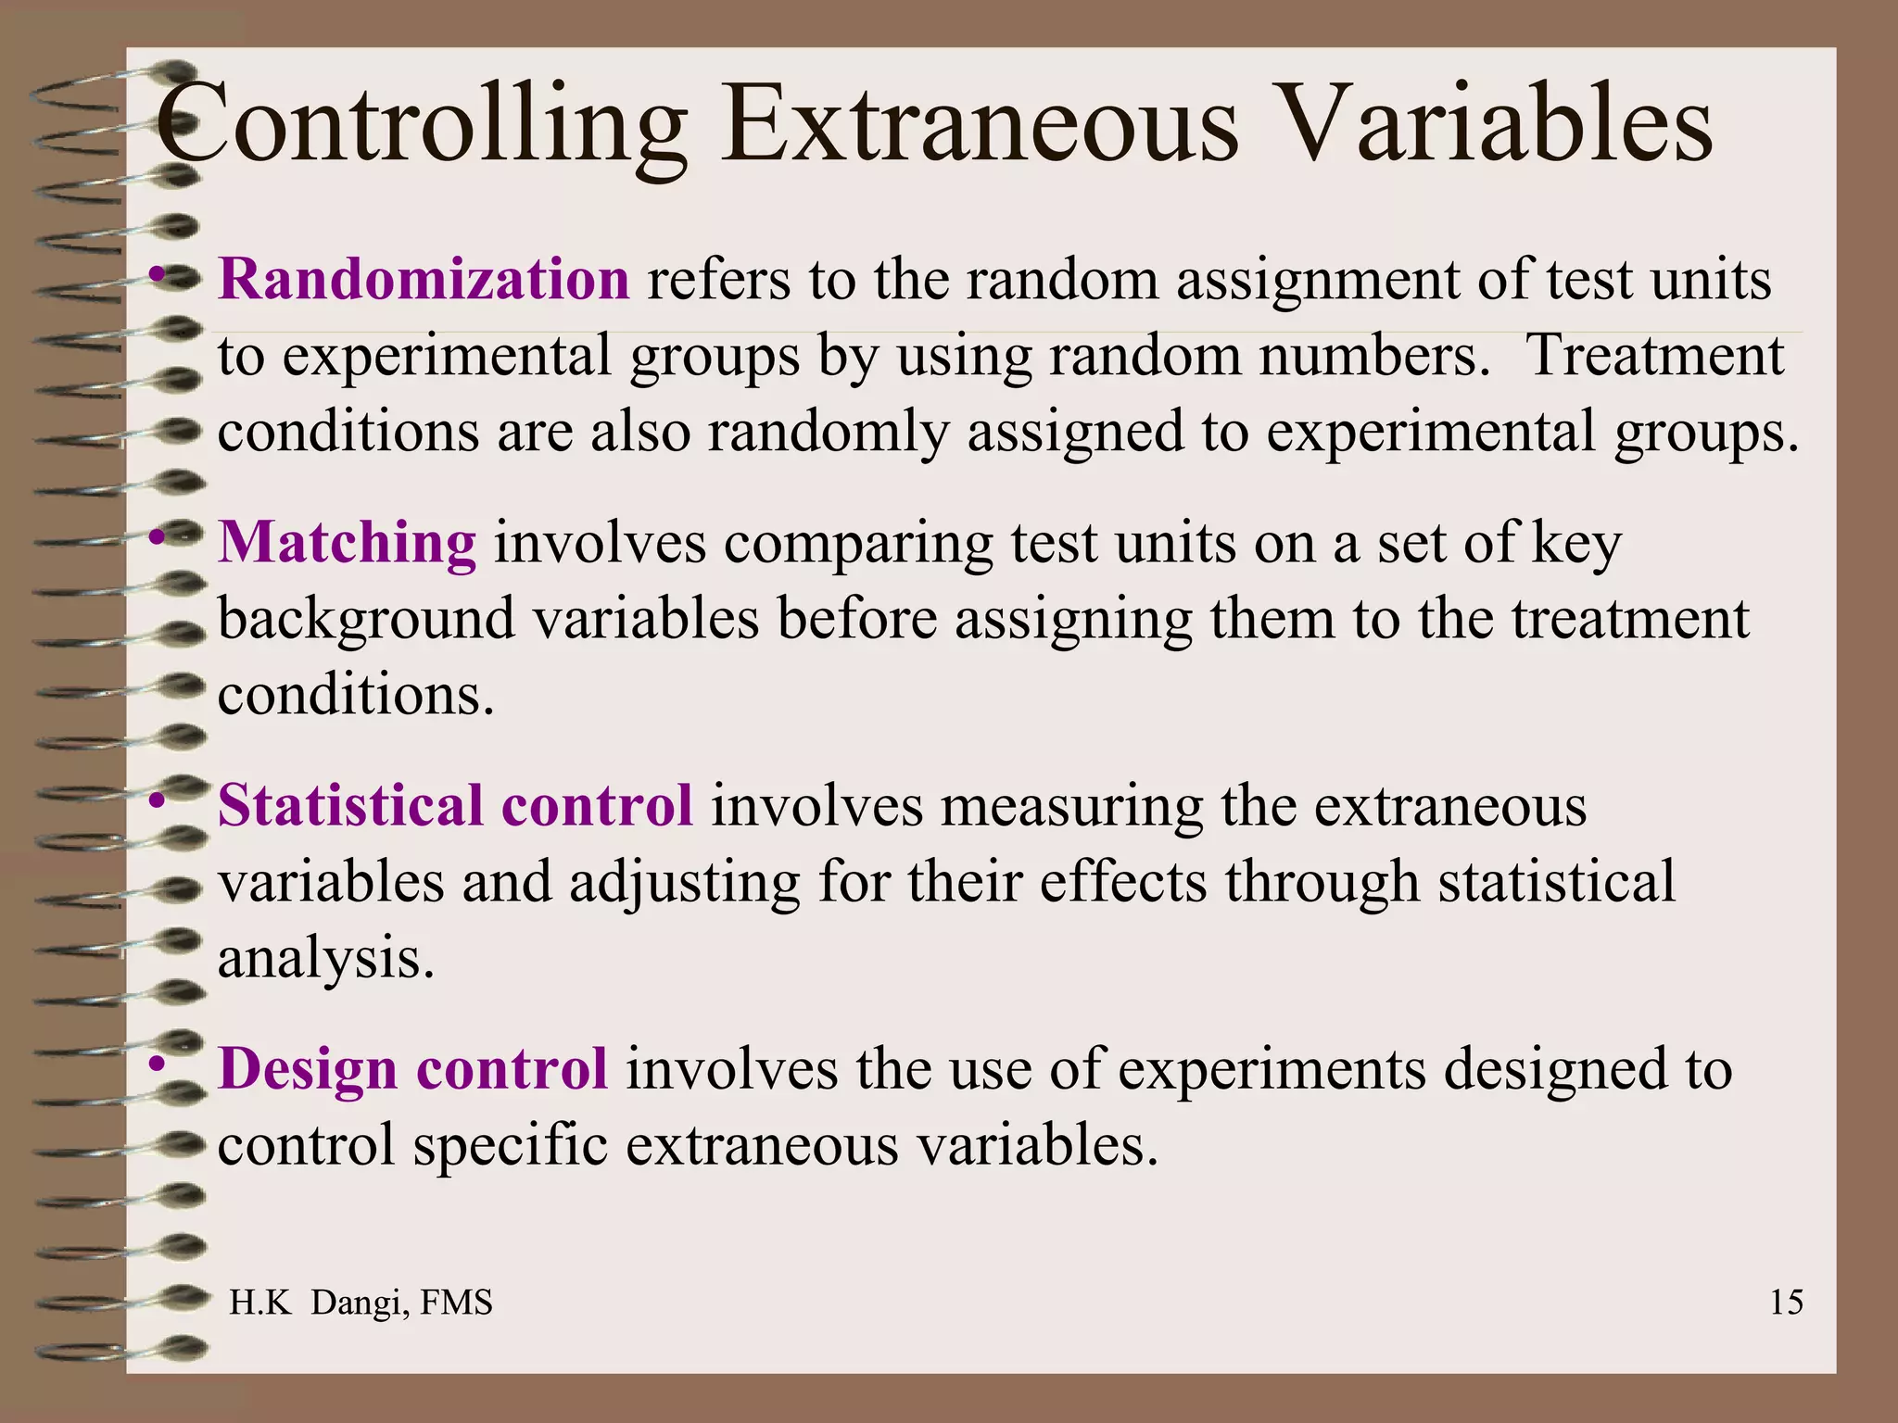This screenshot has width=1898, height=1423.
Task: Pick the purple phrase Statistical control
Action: tap(455, 804)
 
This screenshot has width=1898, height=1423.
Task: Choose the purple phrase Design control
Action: tap(412, 1068)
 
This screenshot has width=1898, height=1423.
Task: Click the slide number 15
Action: tap(1786, 1302)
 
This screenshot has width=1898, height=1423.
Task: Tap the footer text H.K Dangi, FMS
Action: tap(361, 1302)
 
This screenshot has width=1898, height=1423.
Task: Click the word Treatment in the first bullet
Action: tap(1654, 355)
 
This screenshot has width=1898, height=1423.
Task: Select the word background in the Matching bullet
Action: tap(366, 619)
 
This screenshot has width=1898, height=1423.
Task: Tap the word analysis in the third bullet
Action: tap(325, 959)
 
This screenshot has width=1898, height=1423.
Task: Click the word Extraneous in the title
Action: tap(980, 125)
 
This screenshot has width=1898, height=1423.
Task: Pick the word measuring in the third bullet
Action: tap(1071, 806)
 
